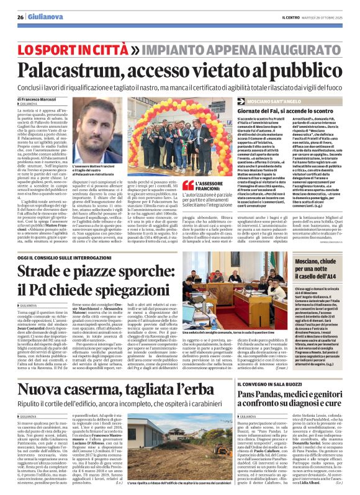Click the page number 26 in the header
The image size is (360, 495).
coord(20,17)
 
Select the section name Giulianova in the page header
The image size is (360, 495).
coord(42,17)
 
